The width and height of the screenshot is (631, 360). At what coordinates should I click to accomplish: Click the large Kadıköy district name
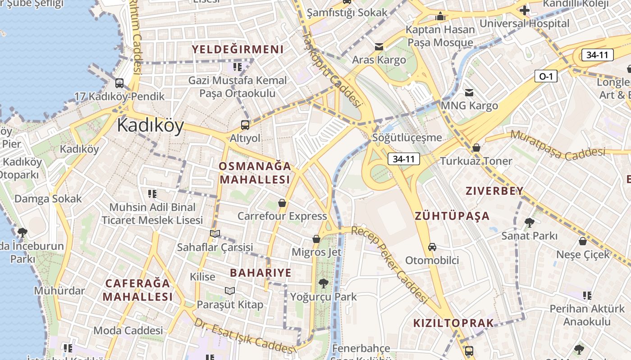tap(150, 126)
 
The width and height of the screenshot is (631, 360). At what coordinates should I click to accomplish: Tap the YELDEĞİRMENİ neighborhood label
tap(238, 49)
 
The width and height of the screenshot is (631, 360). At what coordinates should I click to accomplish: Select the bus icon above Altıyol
tap(245, 125)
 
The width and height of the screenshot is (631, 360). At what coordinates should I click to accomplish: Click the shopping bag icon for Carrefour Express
tap(282, 203)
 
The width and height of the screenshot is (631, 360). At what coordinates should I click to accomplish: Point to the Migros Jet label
tap(316, 252)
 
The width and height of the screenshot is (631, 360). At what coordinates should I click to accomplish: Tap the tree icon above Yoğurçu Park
tap(323, 283)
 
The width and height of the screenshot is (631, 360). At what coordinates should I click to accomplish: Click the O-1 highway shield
tap(546, 76)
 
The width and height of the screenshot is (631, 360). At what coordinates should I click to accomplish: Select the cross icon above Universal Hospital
tap(524, 10)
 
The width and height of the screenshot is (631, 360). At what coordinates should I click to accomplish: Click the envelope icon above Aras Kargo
tap(379, 47)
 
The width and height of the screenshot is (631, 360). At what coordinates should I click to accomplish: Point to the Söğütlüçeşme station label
tap(407, 138)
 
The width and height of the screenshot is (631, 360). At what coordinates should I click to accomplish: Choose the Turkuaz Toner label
tap(476, 161)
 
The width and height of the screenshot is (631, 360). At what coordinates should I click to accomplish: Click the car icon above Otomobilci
tap(432, 247)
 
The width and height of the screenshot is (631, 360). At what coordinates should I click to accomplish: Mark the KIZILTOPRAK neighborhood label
tap(453, 323)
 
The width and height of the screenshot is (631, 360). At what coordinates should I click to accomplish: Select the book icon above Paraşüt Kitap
tap(230, 291)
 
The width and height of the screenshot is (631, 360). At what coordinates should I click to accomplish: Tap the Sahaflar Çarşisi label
tap(215, 247)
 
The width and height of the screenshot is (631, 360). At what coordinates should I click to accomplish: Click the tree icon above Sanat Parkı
tap(530, 222)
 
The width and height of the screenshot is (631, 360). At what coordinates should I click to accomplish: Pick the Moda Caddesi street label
tap(128, 331)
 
